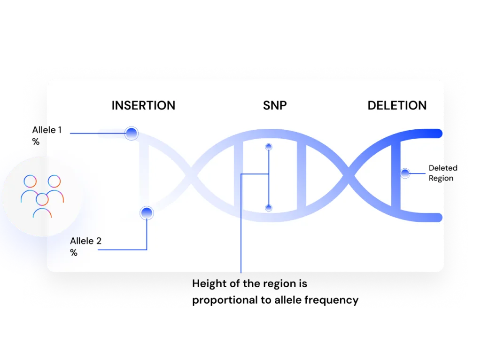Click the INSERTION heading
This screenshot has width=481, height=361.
pos(143,105)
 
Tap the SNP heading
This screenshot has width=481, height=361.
pos(275,105)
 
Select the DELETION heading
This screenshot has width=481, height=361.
pos(397,105)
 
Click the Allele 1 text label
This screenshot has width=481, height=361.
pos(47,130)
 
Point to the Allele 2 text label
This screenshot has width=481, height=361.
pos(85,241)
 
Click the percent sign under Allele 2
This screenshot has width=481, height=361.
pos(74,253)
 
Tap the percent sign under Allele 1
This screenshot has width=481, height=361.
pos(36,141)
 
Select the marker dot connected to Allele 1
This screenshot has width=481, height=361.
pos(132,133)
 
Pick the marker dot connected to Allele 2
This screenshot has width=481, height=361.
pos(147,213)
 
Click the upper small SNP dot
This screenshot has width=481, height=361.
pos(269,147)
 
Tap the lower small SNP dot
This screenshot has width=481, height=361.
pos(269,208)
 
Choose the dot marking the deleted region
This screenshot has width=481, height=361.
pos(405,173)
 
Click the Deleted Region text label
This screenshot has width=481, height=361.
pos(442,173)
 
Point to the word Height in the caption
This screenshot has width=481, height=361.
pos(207,284)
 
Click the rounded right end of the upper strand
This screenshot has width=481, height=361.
pos(439,133)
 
